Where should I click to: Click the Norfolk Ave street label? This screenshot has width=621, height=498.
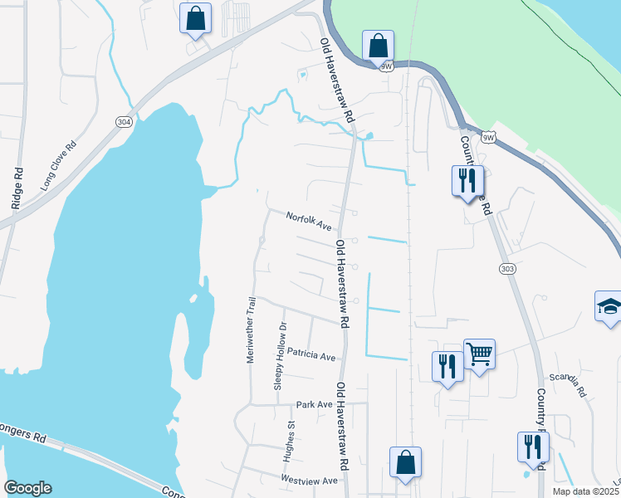309,221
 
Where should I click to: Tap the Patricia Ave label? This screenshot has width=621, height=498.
311,355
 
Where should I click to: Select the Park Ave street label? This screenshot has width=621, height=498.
314,405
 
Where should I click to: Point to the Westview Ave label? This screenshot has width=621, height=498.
310,481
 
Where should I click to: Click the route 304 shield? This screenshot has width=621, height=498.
124,122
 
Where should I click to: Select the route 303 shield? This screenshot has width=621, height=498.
508,268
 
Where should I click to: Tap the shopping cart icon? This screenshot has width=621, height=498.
479,354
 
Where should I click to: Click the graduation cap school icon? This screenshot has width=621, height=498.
609,305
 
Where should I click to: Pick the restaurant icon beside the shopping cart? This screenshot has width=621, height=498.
447,366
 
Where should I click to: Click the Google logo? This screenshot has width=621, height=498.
27,488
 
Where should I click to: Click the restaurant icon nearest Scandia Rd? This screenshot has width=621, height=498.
532,447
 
